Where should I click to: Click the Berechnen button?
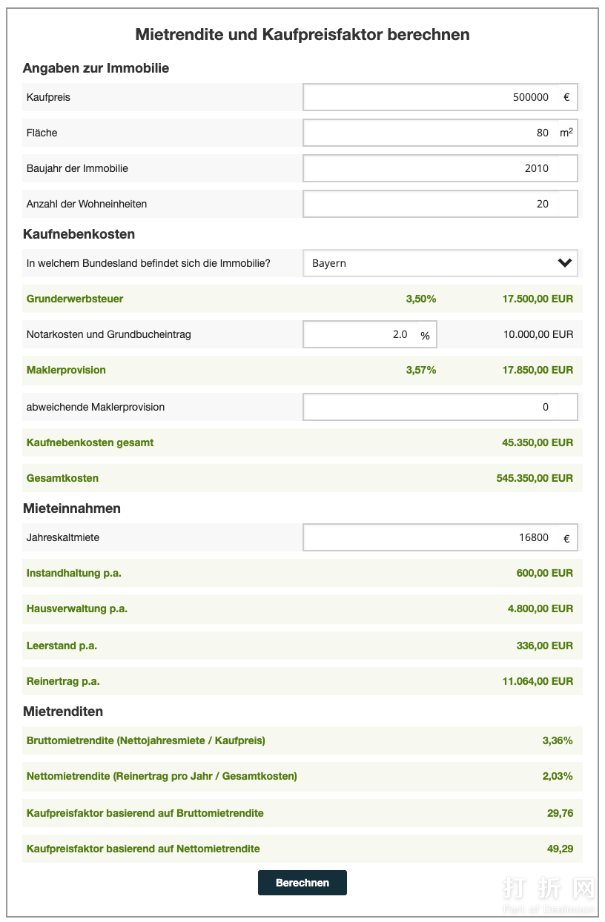click(302, 883)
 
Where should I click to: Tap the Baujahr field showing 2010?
click(440, 168)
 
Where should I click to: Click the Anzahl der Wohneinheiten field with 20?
click(440, 204)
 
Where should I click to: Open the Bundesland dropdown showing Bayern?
click(430, 263)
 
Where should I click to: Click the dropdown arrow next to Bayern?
click(565, 263)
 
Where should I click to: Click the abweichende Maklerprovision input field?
click(440, 407)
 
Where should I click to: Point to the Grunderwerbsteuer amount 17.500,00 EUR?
click(538, 299)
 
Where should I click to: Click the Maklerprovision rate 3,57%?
click(420, 370)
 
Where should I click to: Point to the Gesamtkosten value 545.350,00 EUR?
click(535, 478)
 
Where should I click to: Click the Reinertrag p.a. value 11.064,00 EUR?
click(538, 681)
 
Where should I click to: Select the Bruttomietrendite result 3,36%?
click(558, 740)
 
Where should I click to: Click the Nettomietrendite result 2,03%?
click(558, 776)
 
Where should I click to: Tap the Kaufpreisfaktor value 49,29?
click(560, 849)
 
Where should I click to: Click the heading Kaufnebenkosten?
click(79, 234)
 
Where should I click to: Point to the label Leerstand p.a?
click(62, 646)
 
